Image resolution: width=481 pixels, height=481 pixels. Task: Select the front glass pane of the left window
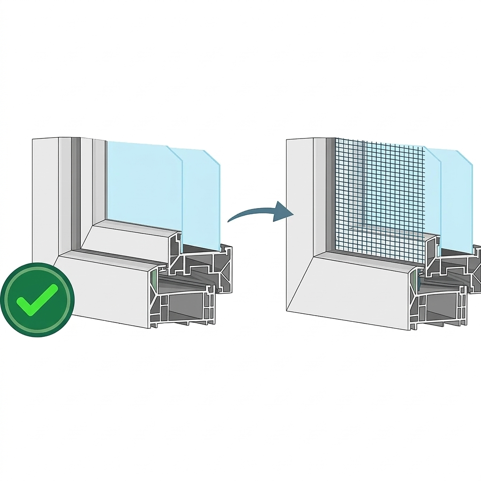[x=143, y=181]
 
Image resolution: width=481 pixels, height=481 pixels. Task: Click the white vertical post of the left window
[x=45, y=197]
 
